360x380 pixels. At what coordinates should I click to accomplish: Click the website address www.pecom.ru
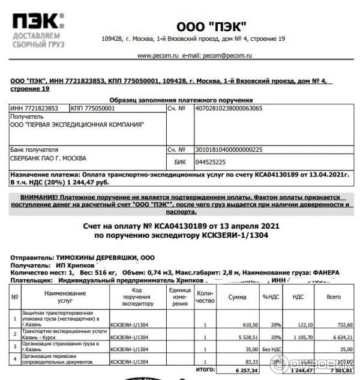(x=158, y=55)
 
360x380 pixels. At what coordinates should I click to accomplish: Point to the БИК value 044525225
(x=205, y=161)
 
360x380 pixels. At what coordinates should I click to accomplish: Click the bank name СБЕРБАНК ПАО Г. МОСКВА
(x=48, y=158)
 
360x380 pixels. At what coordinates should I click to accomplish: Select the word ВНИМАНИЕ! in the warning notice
(x=39, y=198)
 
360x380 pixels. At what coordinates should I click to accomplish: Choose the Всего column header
(x=333, y=297)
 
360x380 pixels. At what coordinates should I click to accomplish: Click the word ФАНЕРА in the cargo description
(x=326, y=272)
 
